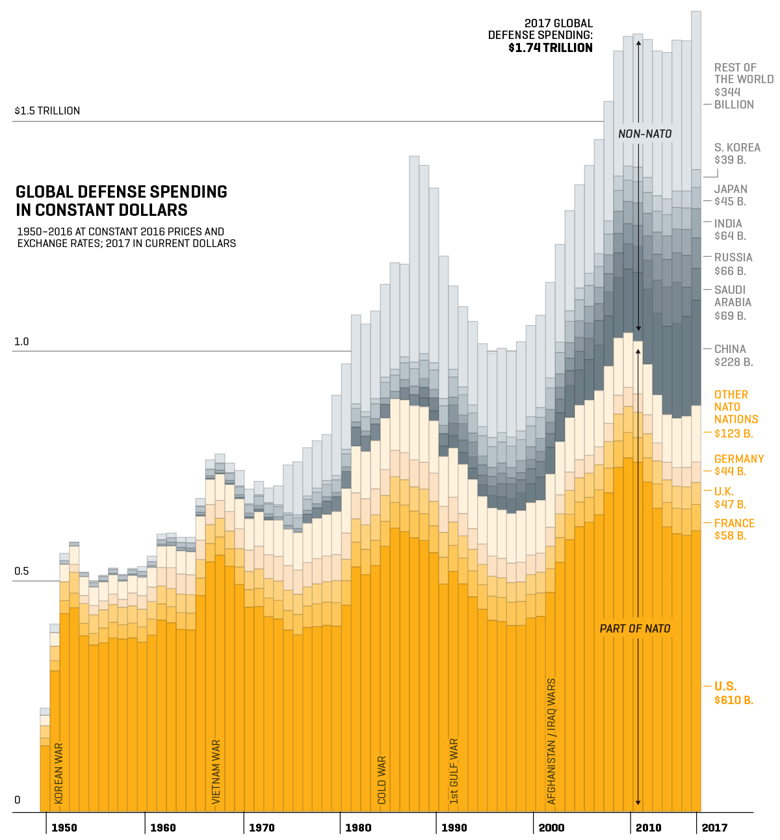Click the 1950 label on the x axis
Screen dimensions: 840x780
tap(64, 828)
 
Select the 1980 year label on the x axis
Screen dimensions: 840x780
tap(358, 828)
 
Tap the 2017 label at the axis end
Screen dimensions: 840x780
tap(714, 828)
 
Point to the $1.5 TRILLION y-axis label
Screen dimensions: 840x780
tap(47, 111)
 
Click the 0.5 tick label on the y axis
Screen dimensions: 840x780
tap(21, 571)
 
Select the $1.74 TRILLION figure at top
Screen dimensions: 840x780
tap(551, 47)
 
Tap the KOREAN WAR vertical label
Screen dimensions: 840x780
tap(59, 773)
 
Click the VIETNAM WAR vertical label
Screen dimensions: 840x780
tap(217, 771)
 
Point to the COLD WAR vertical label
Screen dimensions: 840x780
tap(382, 780)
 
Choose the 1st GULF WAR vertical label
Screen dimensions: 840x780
tap(454, 771)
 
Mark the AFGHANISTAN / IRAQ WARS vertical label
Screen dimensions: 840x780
tap(552, 741)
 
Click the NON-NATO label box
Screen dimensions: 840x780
tap(645, 134)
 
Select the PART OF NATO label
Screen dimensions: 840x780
tap(635, 629)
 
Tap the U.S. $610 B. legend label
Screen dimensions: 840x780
tap(733, 693)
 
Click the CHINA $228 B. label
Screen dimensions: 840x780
tap(733, 356)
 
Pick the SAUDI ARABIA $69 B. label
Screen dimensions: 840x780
tap(733, 303)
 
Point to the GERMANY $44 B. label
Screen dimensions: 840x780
tap(739, 465)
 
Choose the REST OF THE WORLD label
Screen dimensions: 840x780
tap(743, 86)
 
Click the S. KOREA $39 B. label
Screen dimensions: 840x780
tap(736, 153)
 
